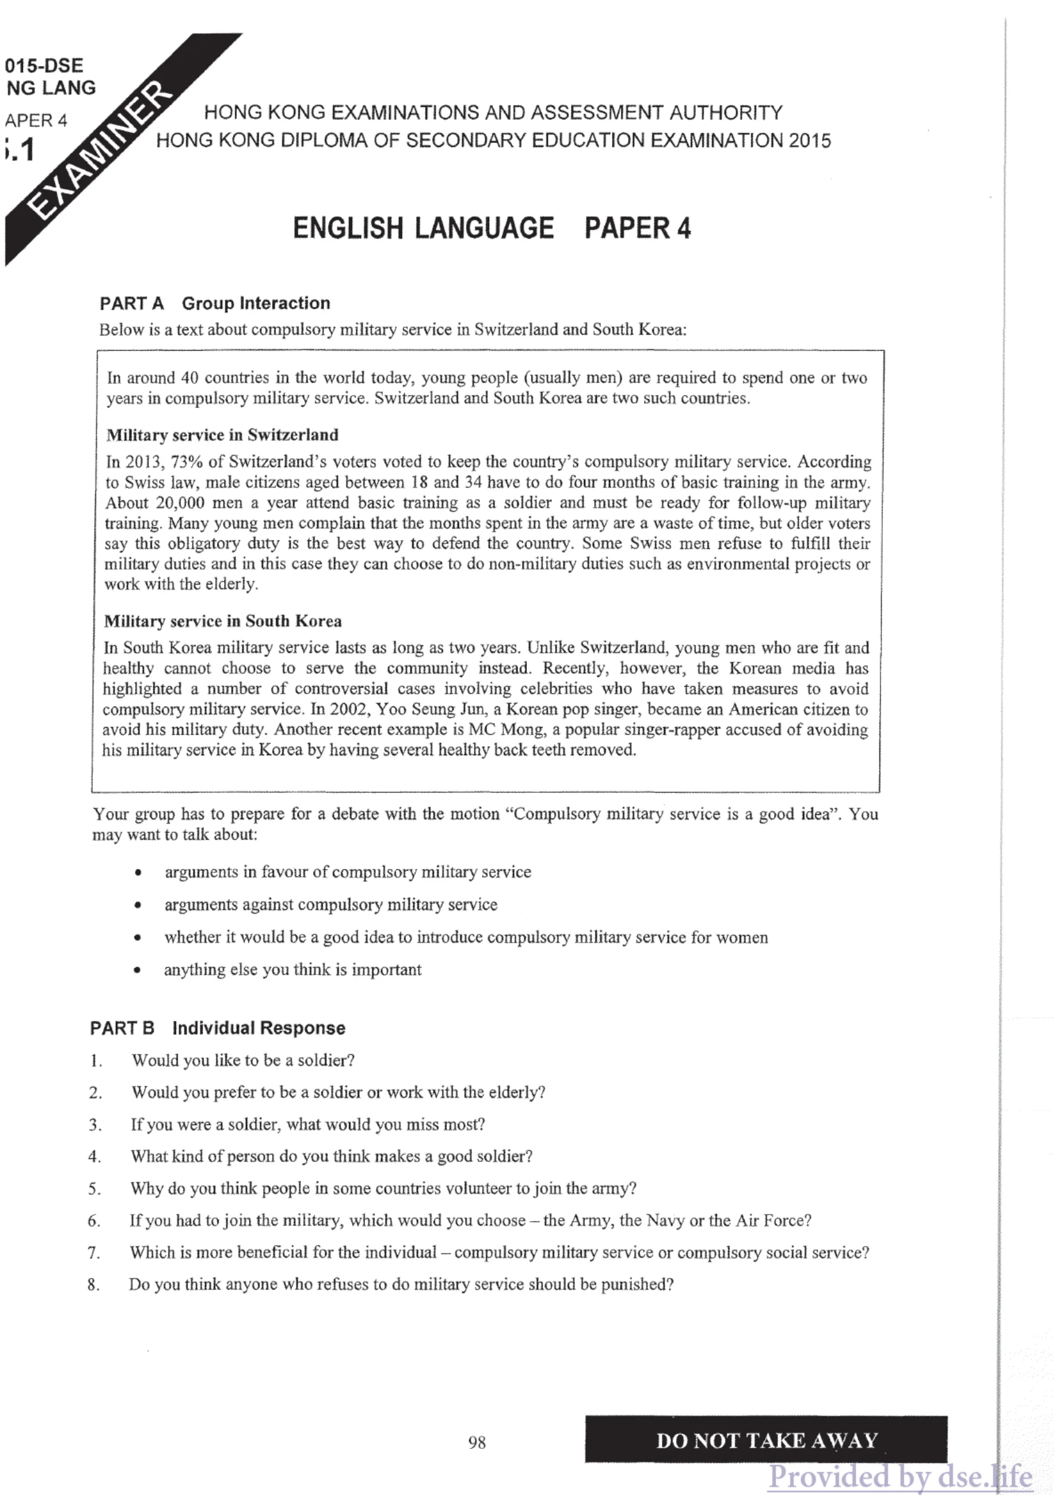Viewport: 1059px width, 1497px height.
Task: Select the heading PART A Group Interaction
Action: tap(214, 303)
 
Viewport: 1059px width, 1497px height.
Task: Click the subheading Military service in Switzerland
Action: tap(222, 435)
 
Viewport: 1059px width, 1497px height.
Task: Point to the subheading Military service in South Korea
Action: tap(222, 621)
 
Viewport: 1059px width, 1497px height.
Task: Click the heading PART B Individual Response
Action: tap(217, 1029)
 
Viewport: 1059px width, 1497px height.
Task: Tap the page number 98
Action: tap(477, 1442)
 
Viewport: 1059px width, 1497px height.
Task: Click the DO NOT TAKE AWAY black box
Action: tap(766, 1439)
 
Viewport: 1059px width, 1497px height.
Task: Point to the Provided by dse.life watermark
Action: tap(900, 1477)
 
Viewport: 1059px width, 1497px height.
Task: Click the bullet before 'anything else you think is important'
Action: tap(137, 970)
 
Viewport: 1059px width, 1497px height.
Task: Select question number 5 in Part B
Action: tap(95, 1189)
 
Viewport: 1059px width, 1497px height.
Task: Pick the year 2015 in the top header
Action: tap(809, 141)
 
